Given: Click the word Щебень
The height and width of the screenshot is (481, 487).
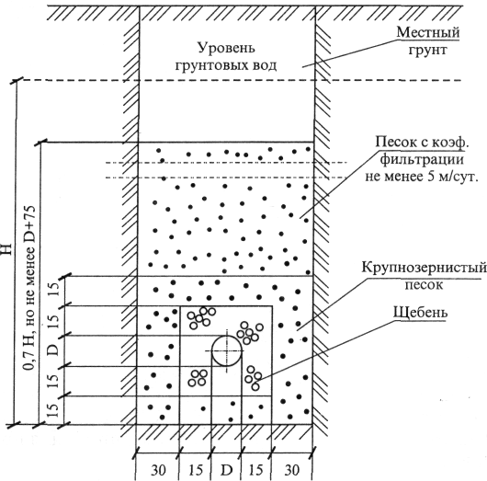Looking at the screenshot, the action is pyautogui.click(x=421, y=313).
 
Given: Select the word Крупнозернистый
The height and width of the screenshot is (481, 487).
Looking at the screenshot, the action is pyautogui.click(x=424, y=268).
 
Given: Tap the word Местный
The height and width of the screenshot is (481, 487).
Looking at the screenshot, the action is pyautogui.click(x=428, y=32).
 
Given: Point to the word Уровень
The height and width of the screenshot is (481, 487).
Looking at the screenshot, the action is pyautogui.click(x=226, y=48).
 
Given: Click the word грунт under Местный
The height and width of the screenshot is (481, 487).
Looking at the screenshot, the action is pyautogui.click(x=427, y=50).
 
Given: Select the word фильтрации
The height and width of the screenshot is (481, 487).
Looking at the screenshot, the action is pyautogui.click(x=422, y=160).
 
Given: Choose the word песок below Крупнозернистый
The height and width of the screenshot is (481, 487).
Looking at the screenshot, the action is pyautogui.click(x=424, y=285).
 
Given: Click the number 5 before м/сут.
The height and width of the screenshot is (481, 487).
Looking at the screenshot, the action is pyautogui.click(x=426, y=177).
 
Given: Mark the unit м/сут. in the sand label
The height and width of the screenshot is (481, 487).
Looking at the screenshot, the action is pyautogui.click(x=456, y=177).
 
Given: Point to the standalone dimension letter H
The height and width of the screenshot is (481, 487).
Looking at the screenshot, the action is pyautogui.click(x=6, y=249).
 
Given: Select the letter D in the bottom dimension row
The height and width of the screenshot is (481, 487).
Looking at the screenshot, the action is pyautogui.click(x=226, y=470).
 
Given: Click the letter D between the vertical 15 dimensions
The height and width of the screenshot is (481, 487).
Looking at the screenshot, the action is pyautogui.click(x=53, y=350).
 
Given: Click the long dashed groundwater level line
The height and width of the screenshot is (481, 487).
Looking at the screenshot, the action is pyautogui.click(x=239, y=80).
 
